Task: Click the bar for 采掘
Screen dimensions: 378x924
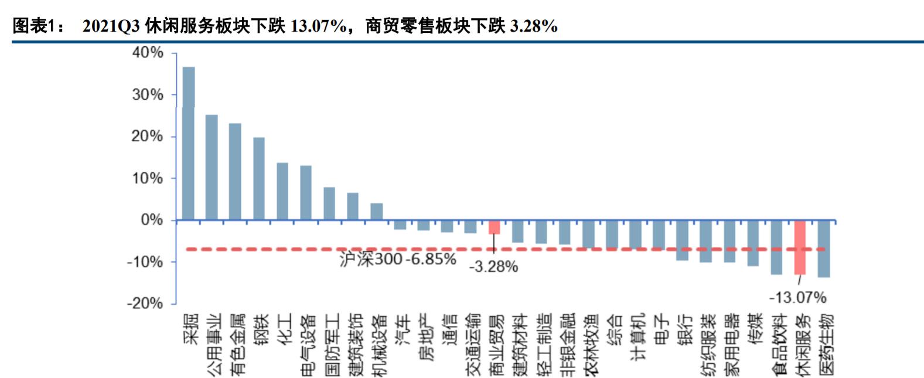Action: pos(189,144)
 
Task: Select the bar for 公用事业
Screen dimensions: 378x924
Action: pos(212,168)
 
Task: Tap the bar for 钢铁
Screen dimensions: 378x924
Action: pos(259,179)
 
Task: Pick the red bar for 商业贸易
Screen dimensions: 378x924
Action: pos(494,227)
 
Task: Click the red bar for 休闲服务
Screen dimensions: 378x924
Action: pos(800,247)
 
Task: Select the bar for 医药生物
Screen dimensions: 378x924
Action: pos(823,248)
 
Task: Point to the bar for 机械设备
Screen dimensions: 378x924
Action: pos(377,212)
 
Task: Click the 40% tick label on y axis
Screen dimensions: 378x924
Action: pos(148,53)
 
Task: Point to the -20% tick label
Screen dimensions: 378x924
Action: pos(145,304)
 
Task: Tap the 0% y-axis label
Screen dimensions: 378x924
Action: pos(152,220)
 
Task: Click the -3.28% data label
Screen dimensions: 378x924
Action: pos(493,267)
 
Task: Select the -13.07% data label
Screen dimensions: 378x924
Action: pos(797,298)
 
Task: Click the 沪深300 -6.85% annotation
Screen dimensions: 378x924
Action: pos(397,259)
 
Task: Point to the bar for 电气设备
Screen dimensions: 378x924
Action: pos(306,193)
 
